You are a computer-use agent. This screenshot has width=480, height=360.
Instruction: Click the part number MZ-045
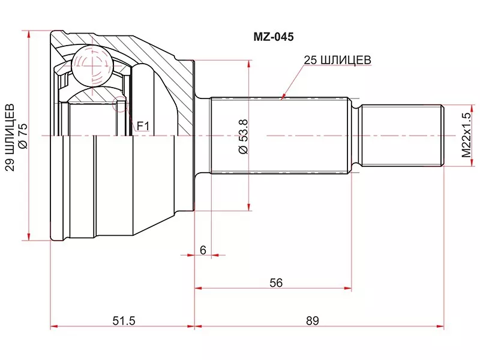[x=274, y=37]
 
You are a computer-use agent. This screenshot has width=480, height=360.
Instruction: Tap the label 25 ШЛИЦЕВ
[x=337, y=60]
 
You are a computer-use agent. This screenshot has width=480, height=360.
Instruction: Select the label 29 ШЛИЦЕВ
[x=10, y=137]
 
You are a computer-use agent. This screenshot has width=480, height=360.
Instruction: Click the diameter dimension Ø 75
[x=23, y=136]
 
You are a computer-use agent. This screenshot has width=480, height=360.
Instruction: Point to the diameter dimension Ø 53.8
[x=244, y=137]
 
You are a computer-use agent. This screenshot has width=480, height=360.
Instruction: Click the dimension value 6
[x=203, y=250]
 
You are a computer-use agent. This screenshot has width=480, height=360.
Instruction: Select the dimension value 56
[x=276, y=283]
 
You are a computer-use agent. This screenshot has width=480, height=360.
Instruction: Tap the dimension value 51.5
[x=124, y=321]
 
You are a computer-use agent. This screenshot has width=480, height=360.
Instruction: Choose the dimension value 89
[x=312, y=321]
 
